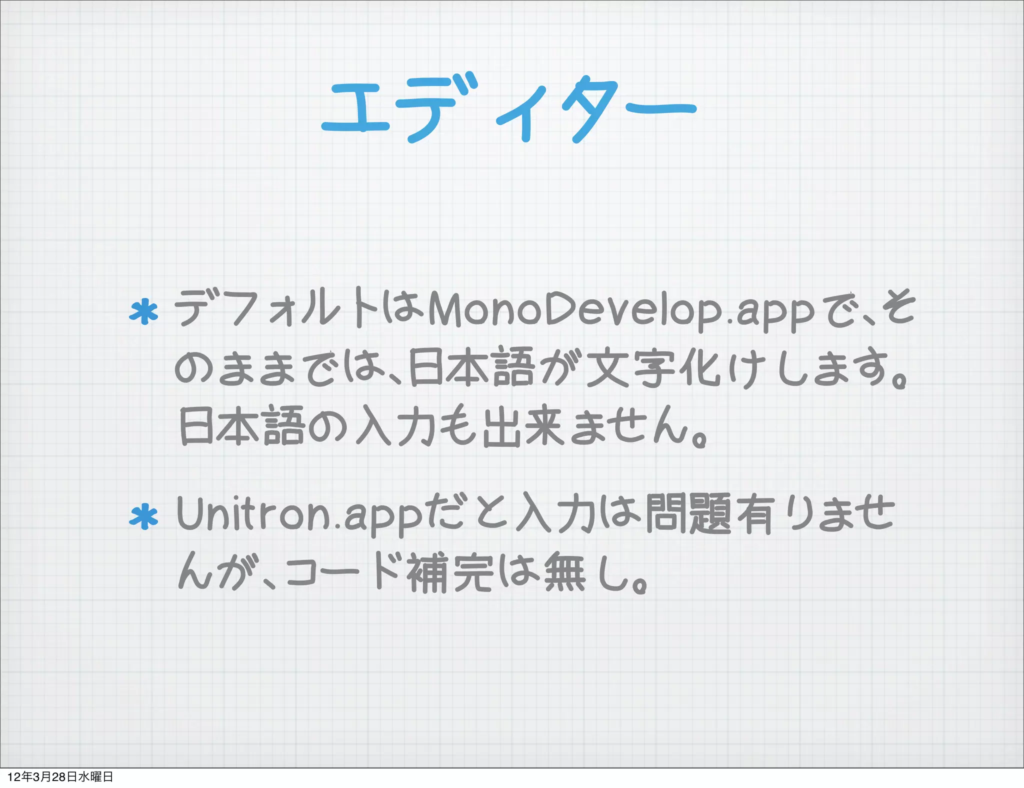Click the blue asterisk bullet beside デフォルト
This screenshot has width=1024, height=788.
pyautogui.click(x=144, y=312)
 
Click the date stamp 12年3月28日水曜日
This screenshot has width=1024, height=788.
pyautogui.click(x=60, y=776)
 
